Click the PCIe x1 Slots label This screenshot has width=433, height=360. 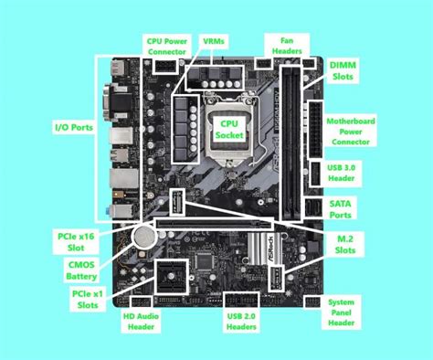[x=86, y=300]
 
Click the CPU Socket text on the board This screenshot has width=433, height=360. [x=225, y=128]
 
